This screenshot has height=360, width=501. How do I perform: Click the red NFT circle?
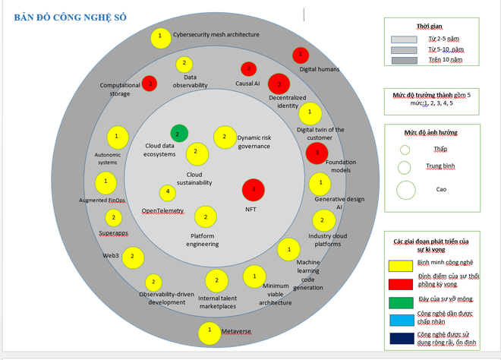254,189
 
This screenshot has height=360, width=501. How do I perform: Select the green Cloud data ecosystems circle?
178,134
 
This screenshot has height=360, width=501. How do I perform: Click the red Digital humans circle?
301,55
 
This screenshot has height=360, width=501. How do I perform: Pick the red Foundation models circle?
317,152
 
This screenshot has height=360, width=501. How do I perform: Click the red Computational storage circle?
150,82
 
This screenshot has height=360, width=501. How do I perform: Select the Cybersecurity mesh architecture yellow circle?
160,36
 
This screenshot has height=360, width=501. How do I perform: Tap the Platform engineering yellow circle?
205,217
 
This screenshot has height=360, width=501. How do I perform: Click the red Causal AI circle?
248,69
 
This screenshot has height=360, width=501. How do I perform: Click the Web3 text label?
112,255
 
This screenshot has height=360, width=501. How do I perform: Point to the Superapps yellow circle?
113,218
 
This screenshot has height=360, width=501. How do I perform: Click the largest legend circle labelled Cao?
405,189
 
